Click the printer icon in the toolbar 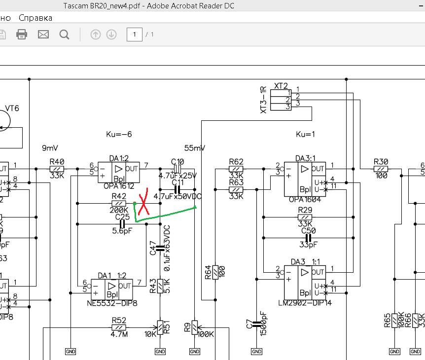pos(22,35)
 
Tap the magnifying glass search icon pos(64,35)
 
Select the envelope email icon pos(43,35)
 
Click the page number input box pos(134,35)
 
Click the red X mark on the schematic pos(143,203)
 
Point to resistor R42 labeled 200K pos(119,203)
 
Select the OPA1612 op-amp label pos(118,186)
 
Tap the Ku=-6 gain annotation pos(119,134)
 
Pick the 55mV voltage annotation pos(195,148)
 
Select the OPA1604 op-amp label pos(305,200)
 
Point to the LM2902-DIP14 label pos(304,303)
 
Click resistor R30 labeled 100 pos(381,169)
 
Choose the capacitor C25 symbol pos(122,224)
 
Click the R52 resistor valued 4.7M pos(119,327)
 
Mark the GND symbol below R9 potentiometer pos(195,352)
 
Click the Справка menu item pos(35,18)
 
